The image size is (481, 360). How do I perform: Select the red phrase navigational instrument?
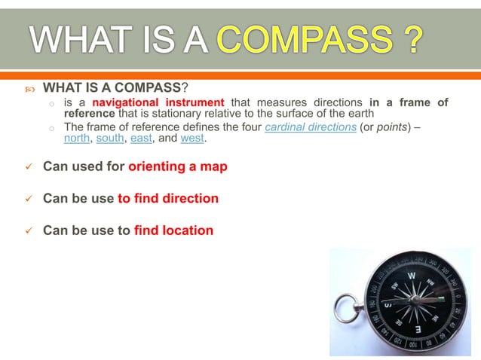pos(158,102)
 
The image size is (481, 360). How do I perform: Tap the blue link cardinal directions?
pos(311,127)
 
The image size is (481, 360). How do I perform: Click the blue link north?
pos(77,139)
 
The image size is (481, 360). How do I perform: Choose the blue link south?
pos(110,139)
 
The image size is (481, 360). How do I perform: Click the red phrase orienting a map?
pos(178,166)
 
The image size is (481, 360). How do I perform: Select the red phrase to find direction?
pos(168,199)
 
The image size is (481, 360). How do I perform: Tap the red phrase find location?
pos(173,231)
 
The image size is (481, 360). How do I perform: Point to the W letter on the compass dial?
pos(410,276)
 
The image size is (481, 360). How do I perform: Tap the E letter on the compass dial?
pos(417,330)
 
